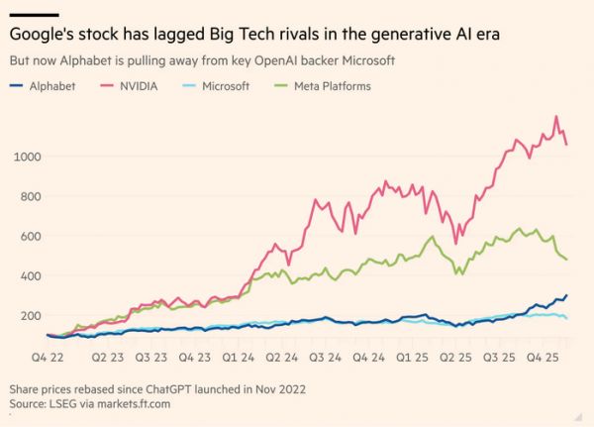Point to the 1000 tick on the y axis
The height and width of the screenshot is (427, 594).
[x=27, y=157]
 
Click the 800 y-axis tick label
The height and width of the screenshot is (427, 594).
[x=30, y=196]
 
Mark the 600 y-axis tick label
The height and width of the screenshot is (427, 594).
[x=30, y=236]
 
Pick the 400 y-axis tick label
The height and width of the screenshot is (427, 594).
[x=30, y=275]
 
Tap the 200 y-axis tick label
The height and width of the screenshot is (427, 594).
[x=30, y=315]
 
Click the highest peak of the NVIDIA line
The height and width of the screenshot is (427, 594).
[x=556, y=116]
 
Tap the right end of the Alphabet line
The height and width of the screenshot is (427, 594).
[x=567, y=295]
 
